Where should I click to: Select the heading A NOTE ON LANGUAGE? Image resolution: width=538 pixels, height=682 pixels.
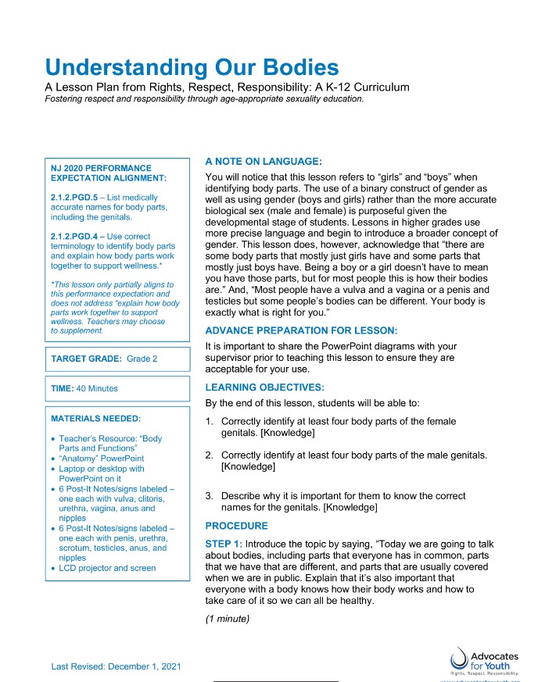coord(263,161)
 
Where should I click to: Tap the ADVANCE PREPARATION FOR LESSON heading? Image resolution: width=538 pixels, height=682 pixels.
coord(301,330)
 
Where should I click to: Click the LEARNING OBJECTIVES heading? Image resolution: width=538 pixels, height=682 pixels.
coord(264,387)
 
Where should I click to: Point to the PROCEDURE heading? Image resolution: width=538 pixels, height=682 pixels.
coord(236,526)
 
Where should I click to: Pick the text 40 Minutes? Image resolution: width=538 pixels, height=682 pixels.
coord(98,388)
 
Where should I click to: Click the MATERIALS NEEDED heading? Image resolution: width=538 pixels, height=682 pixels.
coord(95,418)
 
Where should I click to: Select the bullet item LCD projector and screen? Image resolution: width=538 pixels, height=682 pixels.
coord(107,568)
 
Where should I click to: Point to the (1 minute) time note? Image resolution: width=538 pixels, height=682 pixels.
coord(227,619)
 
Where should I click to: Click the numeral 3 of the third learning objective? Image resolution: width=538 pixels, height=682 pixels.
coord(208,495)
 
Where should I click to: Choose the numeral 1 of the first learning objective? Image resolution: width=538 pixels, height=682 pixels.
coord(208,422)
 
